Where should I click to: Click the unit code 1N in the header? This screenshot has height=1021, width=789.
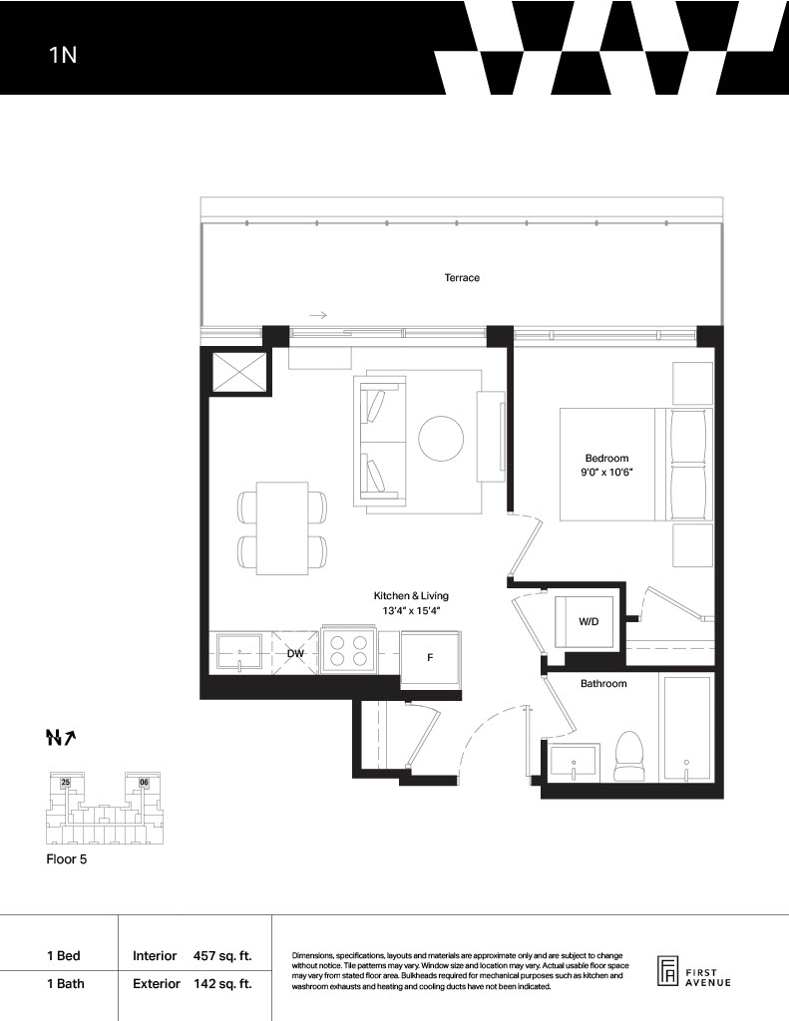click(63, 55)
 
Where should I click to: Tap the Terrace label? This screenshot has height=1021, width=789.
click(462, 277)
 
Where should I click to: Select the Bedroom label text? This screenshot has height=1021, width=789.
click(606, 459)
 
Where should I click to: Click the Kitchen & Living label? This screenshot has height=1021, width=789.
click(411, 596)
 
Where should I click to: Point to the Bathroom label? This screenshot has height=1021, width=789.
click(603, 684)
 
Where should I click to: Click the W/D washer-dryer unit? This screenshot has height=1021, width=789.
click(585, 622)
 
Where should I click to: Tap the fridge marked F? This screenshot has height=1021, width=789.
click(431, 658)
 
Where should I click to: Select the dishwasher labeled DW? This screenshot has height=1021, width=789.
click(295, 653)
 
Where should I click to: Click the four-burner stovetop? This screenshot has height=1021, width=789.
click(348, 651)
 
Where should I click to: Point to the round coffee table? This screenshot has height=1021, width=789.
click(441, 439)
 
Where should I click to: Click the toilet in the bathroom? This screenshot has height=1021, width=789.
click(629, 756)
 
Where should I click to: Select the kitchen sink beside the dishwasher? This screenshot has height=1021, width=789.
click(239, 653)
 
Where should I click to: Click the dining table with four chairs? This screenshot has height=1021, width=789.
click(282, 528)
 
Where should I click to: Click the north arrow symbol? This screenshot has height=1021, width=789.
click(61, 737)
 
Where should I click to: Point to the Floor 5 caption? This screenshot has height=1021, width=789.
click(67, 858)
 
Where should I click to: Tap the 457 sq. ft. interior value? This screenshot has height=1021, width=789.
click(222, 956)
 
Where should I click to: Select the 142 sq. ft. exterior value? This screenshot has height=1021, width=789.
click(222, 983)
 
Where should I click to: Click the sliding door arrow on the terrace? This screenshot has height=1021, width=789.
click(318, 316)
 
